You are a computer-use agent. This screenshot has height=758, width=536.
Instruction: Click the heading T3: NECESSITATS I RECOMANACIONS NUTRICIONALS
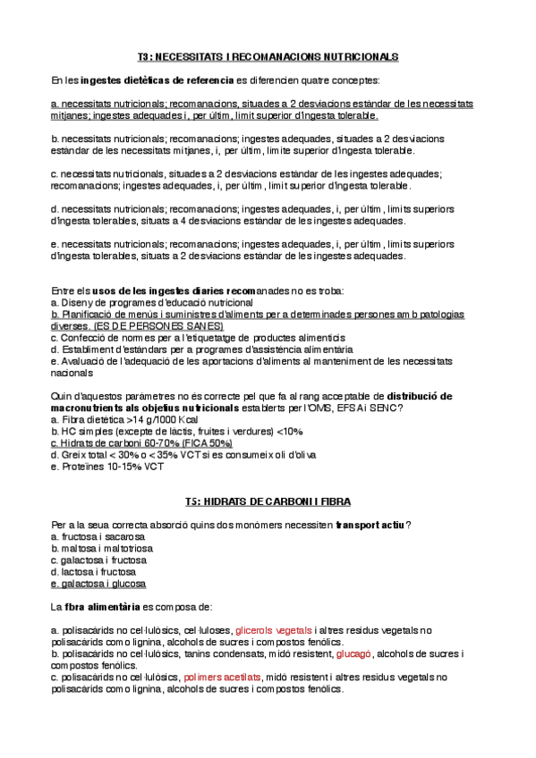268,56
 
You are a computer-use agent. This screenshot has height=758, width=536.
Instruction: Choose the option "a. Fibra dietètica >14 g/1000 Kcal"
124,419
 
